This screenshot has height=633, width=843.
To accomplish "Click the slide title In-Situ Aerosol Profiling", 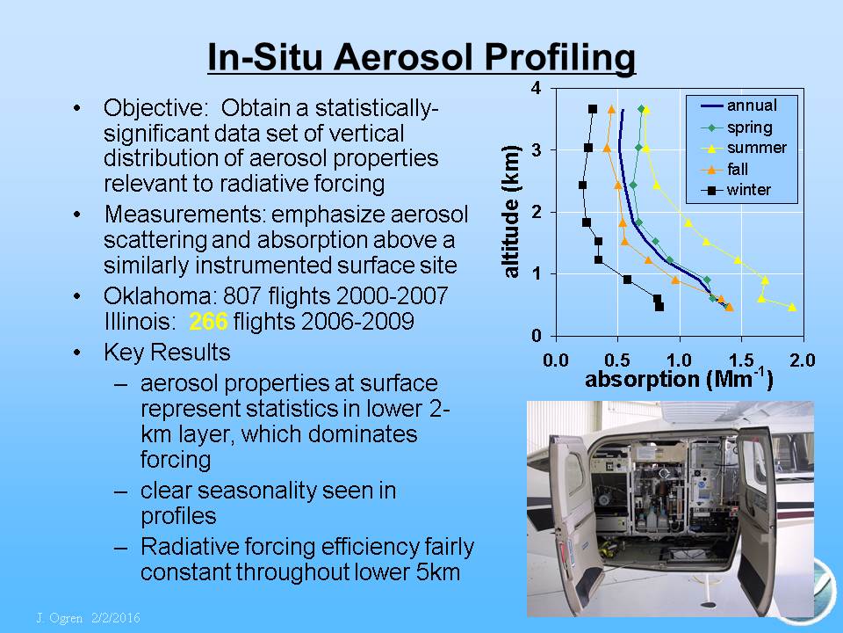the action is point(421,57).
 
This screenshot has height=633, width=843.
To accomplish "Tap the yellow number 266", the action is point(209,322).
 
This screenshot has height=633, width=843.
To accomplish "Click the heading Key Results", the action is point(167,352).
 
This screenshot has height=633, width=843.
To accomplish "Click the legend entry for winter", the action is point(736,190).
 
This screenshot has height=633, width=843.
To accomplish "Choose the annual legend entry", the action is point(739,105).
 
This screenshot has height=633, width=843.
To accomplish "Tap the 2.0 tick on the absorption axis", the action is point(802,360).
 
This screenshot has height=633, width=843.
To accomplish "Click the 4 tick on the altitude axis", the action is point(536,88).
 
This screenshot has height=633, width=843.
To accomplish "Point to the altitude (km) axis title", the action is point(511,211).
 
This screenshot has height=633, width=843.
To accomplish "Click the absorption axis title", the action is point(679,380).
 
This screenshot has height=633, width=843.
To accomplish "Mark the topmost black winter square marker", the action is point(593,109).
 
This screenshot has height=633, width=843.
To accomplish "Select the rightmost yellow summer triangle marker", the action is point(792,307).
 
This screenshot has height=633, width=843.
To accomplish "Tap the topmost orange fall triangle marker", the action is point(611,109).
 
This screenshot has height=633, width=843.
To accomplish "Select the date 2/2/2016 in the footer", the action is point(116,618).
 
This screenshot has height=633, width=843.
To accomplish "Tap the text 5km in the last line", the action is point(438,571).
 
